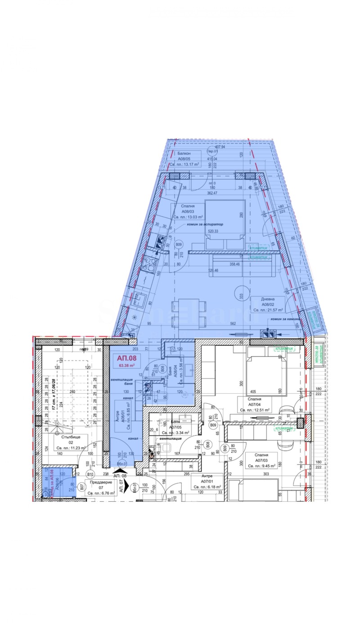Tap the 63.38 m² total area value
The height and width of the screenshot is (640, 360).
127,366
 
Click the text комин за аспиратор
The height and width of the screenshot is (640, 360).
205,224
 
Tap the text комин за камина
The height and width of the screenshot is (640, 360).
286,319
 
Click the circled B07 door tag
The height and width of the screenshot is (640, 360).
81,487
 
